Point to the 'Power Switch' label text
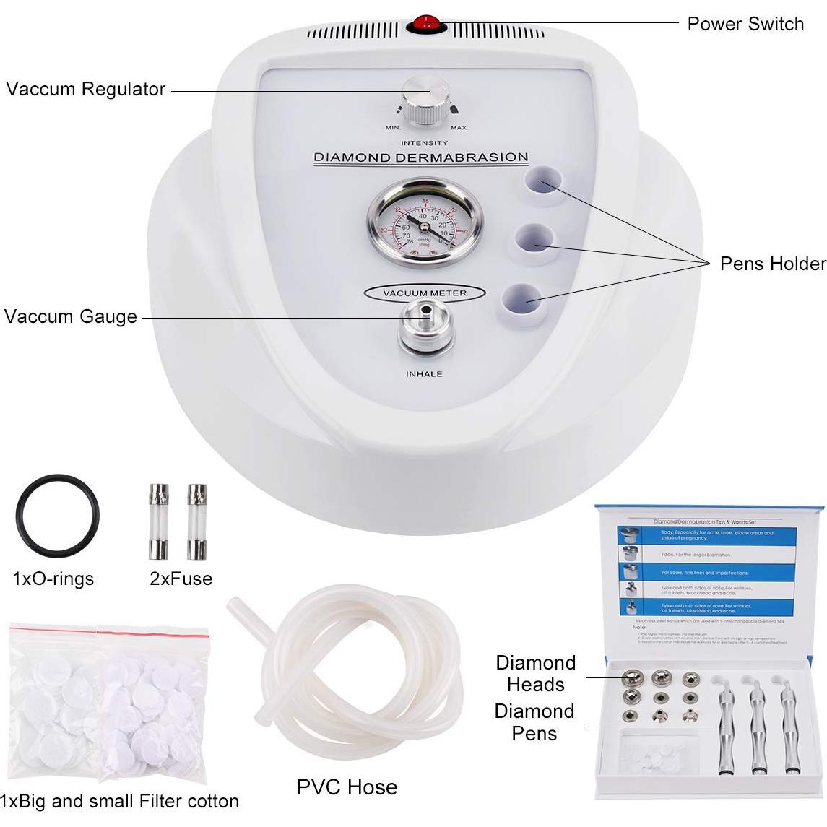coord(745,24)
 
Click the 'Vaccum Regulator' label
coord(85,90)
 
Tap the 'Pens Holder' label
coord(772,264)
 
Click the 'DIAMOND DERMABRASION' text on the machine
coord(420,157)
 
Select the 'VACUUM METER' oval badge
coord(424,293)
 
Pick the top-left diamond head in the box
coord(632,678)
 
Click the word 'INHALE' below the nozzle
coord(424,374)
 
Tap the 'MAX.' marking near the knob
coord(459,129)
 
